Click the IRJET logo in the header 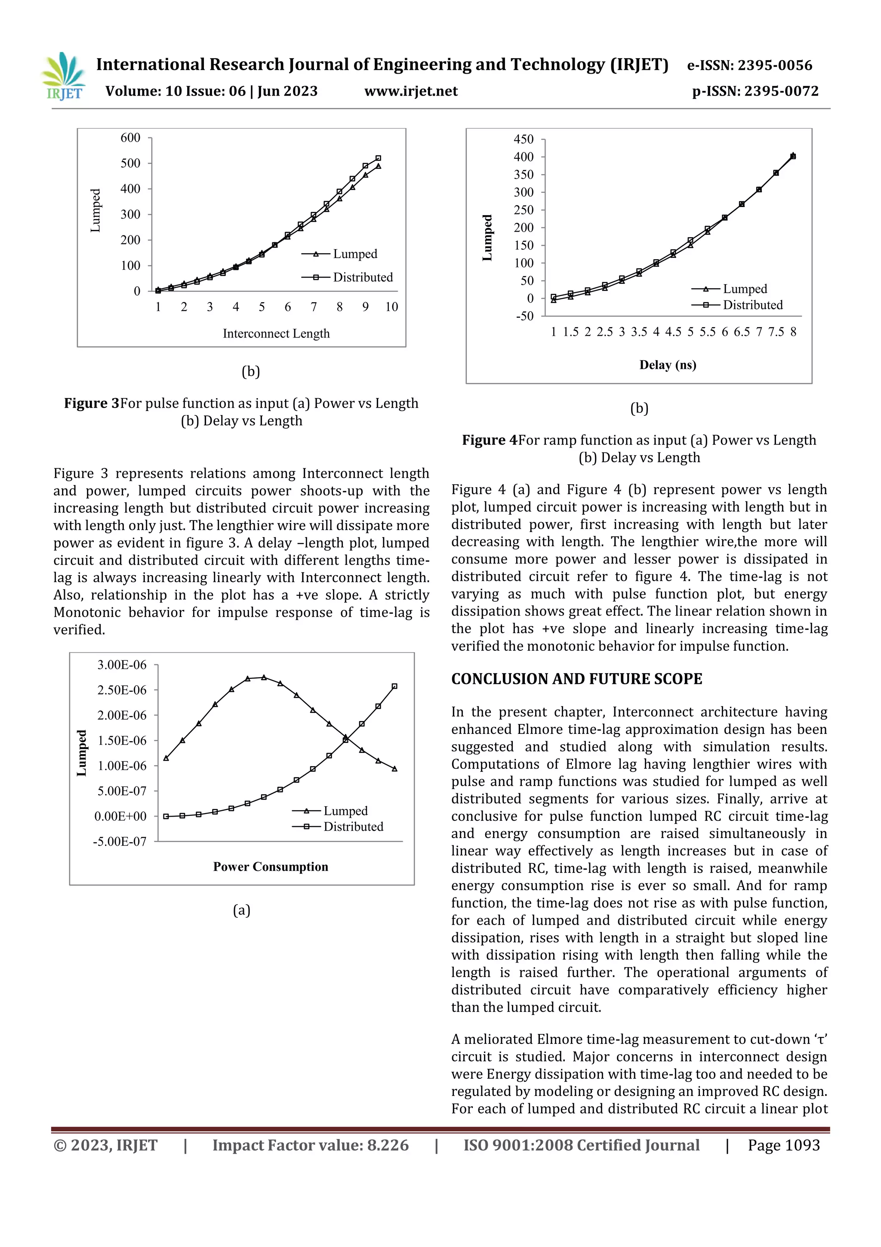[x=64, y=77]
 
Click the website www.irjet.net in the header [x=411, y=91]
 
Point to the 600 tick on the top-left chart [x=130, y=138]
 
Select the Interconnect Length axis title [x=276, y=334]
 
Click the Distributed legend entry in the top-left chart [x=362, y=278]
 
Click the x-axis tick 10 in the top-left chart [x=391, y=307]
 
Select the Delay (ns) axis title [x=667, y=365]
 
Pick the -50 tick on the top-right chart [x=524, y=316]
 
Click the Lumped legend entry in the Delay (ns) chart [x=744, y=289]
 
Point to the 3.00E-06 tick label [x=122, y=665]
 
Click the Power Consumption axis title [x=270, y=867]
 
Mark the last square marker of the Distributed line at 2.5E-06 [x=394, y=687]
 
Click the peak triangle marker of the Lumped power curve [x=264, y=677]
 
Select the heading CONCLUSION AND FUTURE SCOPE [x=576, y=679]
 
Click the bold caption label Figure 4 [x=490, y=440]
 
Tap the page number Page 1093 [x=783, y=1145]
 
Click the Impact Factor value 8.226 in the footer [x=388, y=1145]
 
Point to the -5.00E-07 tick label [x=120, y=842]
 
